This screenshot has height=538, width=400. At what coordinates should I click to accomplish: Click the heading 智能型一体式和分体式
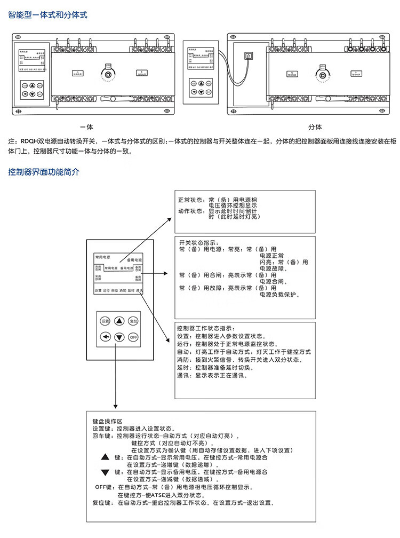[47, 15]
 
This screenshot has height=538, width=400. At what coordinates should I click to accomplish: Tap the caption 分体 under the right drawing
[315, 127]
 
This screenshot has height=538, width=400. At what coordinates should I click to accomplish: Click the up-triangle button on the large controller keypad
[119, 321]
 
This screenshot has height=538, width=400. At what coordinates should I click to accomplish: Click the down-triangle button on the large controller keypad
[119, 337]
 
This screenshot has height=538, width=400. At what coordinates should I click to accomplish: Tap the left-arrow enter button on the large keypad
[105, 337]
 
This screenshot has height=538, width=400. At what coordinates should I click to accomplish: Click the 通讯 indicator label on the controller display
[139, 291]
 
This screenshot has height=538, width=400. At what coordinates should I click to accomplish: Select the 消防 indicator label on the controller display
[123, 291]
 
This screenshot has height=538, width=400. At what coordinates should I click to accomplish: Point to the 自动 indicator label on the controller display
[115, 291]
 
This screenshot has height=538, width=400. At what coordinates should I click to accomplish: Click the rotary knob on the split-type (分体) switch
[321, 73]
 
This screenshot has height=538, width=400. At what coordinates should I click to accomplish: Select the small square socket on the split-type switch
[247, 56]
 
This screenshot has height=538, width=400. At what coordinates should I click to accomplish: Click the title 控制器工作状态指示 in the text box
[205, 328]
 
